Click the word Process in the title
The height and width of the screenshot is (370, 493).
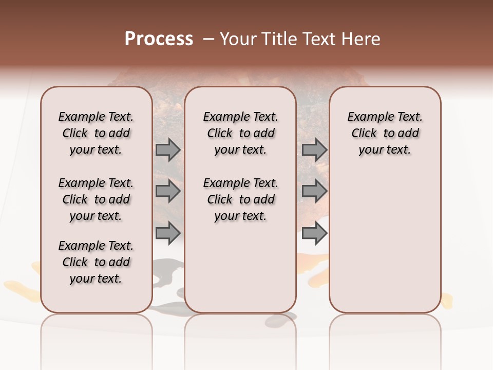click(159, 39)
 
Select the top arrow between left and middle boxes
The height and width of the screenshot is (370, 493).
click(167, 150)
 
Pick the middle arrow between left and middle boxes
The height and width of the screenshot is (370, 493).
click(167, 191)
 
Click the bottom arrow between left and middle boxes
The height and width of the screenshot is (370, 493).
click(167, 233)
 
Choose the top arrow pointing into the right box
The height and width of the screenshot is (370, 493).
click(314, 150)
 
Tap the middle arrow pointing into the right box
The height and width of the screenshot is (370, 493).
click(314, 191)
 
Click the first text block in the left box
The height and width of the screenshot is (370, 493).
click(96, 133)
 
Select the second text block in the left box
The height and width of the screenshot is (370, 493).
click(96, 199)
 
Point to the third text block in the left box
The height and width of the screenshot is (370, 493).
click(96, 262)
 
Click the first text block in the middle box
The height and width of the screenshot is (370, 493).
click(240, 133)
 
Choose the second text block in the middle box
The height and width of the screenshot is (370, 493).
click(240, 199)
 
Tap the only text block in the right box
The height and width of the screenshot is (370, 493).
click(385, 133)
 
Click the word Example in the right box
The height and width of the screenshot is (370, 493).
click(368, 117)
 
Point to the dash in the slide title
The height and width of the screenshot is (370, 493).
click(208, 39)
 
